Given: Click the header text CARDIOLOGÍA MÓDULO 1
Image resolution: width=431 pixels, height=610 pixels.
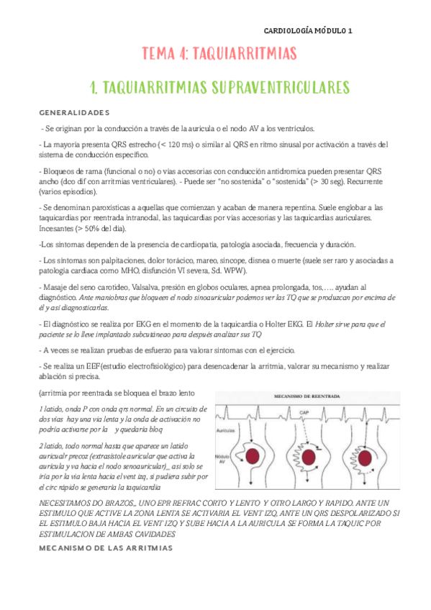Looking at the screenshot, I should [x=307, y=31].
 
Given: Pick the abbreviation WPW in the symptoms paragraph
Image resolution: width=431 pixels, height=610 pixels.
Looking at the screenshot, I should [x=234, y=270].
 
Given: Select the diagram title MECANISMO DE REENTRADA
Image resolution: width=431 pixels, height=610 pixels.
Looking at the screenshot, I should [x=301, y=396].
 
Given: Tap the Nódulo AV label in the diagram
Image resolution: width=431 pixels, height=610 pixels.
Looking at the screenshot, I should [x=226, y=460].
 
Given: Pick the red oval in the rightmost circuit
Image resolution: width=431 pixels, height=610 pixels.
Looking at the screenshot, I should [x=367, y=455].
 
